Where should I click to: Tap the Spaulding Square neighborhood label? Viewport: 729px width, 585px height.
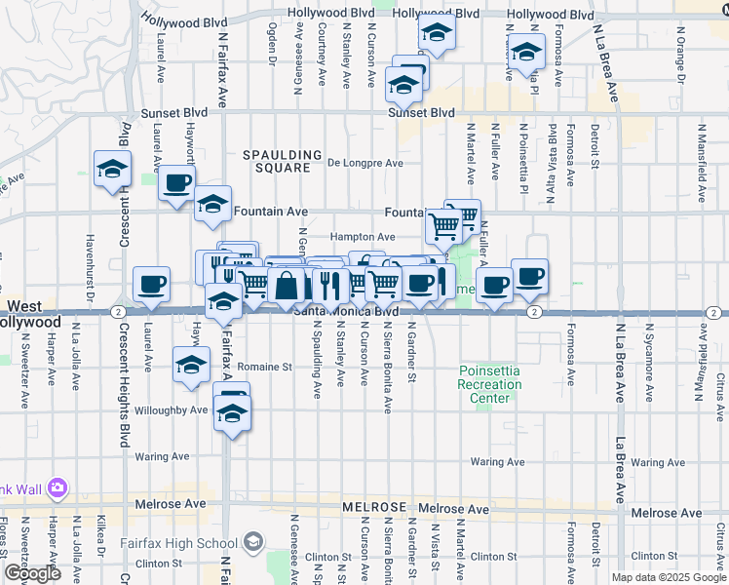[282, 161]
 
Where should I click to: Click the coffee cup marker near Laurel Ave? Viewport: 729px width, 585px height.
[151, 284]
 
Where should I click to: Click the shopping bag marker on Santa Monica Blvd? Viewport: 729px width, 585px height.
[288, 288]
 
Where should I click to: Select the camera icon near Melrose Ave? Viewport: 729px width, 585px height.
[56, 487]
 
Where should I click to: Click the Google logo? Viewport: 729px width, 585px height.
[32, 573]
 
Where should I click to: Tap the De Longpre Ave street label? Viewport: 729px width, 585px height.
[364, 164]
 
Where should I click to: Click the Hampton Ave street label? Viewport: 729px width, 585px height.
[362, 237]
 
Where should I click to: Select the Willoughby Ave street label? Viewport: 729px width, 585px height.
[172, 410]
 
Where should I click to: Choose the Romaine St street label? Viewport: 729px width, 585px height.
[267, 368]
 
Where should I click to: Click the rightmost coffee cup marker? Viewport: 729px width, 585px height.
[529, 276]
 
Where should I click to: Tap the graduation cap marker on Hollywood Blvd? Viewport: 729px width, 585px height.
[438, 35]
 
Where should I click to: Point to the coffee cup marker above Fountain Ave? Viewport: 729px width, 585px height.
[176, 183]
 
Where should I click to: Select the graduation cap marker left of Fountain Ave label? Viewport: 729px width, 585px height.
[211, 204]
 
